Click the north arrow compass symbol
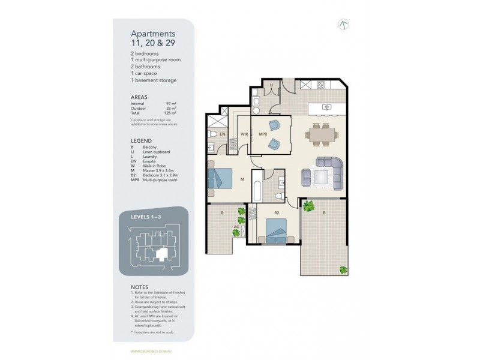pos(344,25)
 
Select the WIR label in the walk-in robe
pos(245,134)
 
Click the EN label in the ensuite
pos(222,134)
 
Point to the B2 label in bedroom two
pos(277,212)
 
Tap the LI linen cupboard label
pos(271,86)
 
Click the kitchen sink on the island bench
pos(327,108)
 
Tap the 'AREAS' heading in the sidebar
pos(139,96)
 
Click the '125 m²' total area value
pos(171,112)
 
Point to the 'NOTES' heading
pos(140,287)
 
